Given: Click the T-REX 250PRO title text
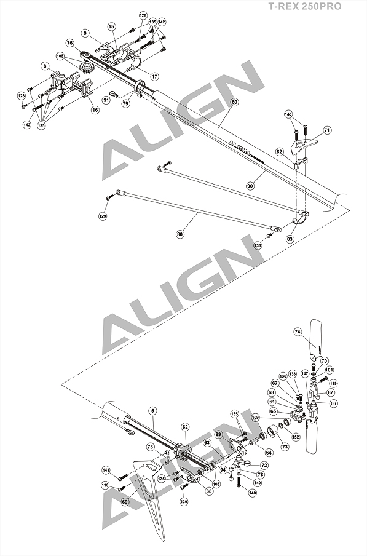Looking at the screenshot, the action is coord(304,6).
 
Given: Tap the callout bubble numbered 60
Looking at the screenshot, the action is coord(234,102).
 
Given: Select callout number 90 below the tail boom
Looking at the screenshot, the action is coord(250,186).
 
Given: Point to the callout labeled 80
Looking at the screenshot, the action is coord(180,234).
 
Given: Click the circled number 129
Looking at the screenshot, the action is coord(103,216).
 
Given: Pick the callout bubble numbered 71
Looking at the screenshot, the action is coord(327,130).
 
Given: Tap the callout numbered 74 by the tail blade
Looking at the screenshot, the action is coord(298,332).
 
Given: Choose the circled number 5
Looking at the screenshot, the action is coord(152,411).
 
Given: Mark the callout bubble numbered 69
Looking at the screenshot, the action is coord(125,501).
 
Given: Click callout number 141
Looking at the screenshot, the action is coord(106,470).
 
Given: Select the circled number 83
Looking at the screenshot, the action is coord(290,239).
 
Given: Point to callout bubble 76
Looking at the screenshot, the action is coord(70,43).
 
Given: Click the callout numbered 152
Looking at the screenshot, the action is coord(296,437).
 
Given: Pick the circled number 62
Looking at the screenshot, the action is coord(185,427).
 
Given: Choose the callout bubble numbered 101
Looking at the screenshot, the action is coord(329,370).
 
